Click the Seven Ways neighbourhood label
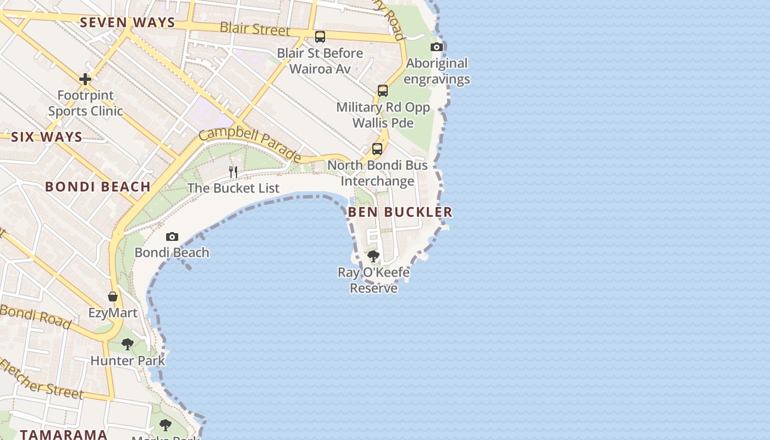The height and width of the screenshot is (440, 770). coord(127,23)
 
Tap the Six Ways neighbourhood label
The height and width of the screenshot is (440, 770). coord(46,137)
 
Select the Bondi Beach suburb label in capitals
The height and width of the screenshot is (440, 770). coord(98,186)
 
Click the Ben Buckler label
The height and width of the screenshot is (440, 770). coord(400,212)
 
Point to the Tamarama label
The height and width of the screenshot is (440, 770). coord(64,434)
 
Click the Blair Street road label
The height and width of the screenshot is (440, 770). coord(255,29)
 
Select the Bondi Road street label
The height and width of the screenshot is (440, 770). coord(36,316)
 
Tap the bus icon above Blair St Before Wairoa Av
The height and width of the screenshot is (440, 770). coord(320,37)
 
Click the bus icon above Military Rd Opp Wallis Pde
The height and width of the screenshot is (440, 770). coord(383,91)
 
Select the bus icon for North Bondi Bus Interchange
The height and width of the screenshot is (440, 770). coord(377,148)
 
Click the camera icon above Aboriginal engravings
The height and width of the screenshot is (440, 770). coord(437,47)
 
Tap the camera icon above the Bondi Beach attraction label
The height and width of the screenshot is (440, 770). coord(172,237)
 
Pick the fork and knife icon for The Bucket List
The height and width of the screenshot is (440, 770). coord(233,172)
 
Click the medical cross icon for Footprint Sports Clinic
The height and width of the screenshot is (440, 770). coord(85,79)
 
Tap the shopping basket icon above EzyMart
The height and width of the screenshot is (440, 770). coord(113,296)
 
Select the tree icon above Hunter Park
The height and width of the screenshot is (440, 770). coord(128,344)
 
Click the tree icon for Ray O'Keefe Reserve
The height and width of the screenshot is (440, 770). coord(373,256)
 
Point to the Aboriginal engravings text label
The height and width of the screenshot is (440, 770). coord(437,71)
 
